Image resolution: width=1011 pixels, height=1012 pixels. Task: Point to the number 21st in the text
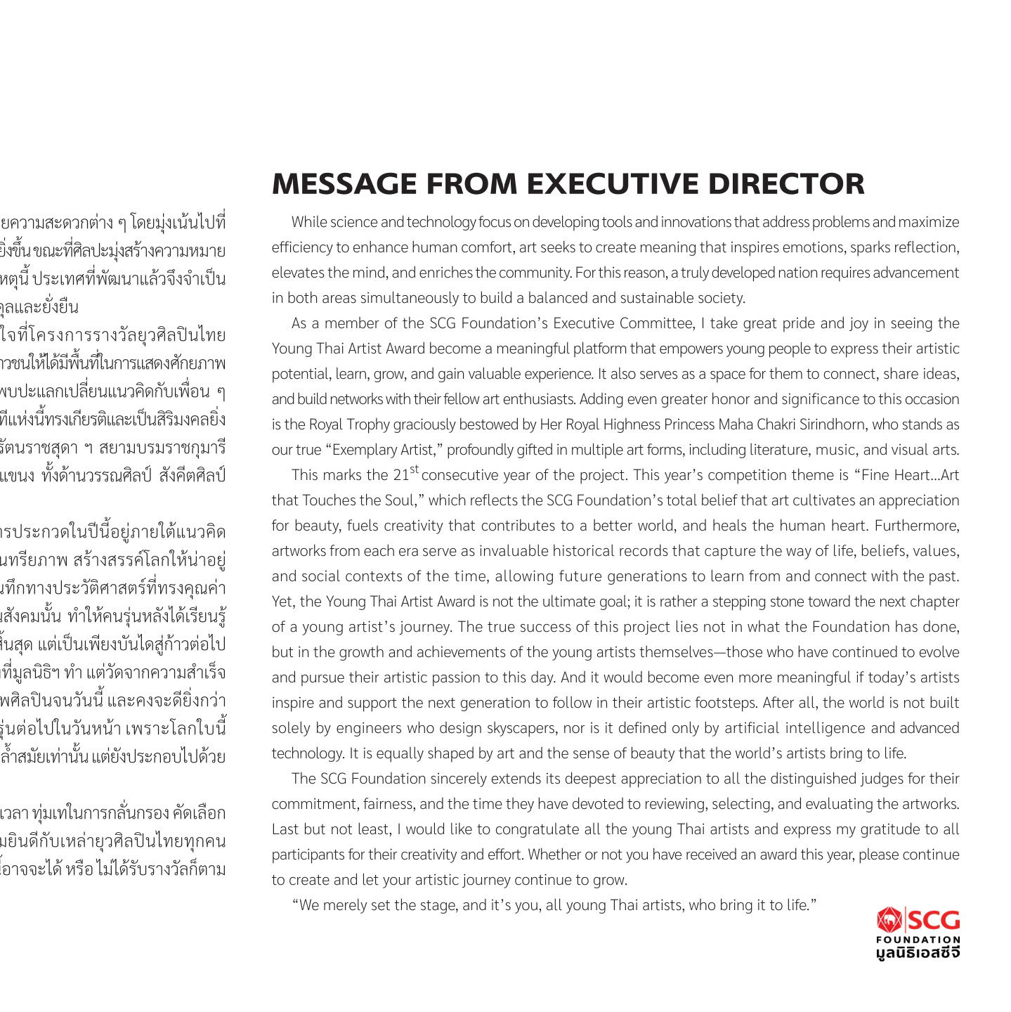pos(405,474)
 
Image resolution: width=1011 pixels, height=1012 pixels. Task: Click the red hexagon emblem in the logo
pos(889,919)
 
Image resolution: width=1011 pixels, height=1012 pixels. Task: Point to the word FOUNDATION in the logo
pos(918,940)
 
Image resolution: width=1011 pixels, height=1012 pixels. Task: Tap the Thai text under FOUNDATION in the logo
pos(918,952)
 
